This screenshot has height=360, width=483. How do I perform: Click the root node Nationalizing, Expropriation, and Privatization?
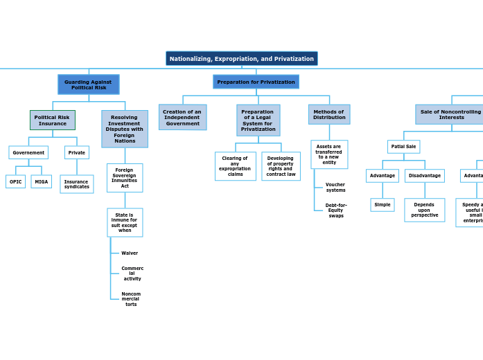(241, 59)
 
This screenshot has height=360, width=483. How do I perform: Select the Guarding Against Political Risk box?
(88, 84)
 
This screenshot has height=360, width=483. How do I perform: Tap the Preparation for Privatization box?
(256, 82)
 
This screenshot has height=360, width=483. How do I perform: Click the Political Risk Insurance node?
(52, 120)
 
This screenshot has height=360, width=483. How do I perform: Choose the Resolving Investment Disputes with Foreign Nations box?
(125, 129)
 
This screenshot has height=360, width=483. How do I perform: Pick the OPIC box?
(15, 181)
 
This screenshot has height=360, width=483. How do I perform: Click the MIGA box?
(42, 181)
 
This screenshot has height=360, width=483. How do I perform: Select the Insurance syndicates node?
(76, 184)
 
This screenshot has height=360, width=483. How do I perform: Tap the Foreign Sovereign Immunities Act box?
(125, 178)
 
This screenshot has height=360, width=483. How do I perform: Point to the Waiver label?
(130, 253)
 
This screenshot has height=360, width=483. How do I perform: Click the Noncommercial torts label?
(131, 299)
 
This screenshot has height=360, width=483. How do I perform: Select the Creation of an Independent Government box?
(182, 117)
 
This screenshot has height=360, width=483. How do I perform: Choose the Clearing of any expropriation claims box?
(235, 166)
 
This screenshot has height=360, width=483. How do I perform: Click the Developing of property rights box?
(281, 166)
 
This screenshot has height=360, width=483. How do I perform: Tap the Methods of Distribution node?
(329, 114)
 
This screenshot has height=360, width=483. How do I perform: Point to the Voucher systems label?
(335, 188)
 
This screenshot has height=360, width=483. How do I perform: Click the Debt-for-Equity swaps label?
(336, 210)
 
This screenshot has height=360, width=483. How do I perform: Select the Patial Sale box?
(403, 147)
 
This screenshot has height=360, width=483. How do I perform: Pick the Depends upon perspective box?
(424, 210)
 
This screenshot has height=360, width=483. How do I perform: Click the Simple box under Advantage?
(383, 205)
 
